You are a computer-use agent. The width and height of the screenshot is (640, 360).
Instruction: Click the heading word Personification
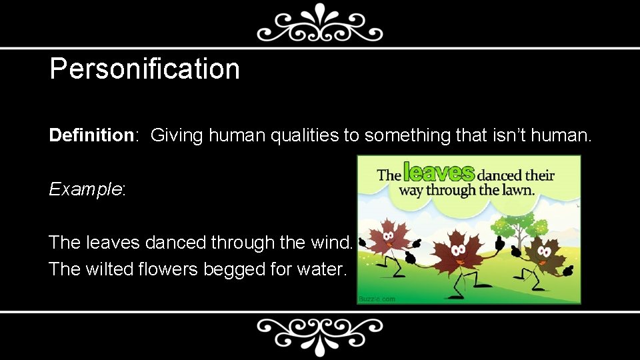tap(144, 69)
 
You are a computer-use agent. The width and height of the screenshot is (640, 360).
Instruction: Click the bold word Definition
tap(91, 135)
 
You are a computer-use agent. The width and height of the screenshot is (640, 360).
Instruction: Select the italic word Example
tap(85, 189)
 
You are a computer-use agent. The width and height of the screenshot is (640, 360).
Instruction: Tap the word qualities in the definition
tap(306, 135)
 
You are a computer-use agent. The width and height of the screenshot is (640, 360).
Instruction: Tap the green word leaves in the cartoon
tap(439, 173)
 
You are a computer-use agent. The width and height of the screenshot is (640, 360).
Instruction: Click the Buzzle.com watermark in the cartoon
tap(377, 299)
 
